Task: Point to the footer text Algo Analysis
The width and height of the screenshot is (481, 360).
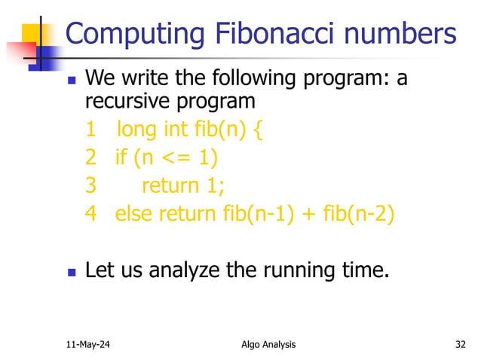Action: coord(264,345)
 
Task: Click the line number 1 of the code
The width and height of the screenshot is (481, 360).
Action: coord(90,130)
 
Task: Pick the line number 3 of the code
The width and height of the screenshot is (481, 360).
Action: coord(90,185)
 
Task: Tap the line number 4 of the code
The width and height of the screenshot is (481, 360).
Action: coord(90,213)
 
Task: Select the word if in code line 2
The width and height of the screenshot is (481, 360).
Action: coord(121,157)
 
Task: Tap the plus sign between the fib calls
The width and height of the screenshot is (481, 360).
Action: coord(309,214)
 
